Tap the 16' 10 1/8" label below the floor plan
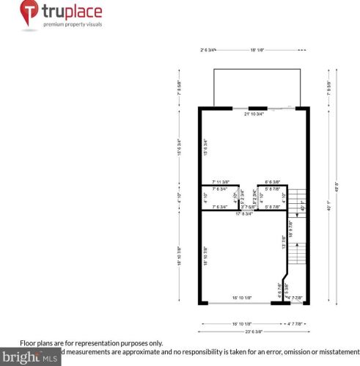click(242, 322)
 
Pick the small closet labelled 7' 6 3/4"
click(220, 197)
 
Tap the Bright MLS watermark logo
click(29, 358)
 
